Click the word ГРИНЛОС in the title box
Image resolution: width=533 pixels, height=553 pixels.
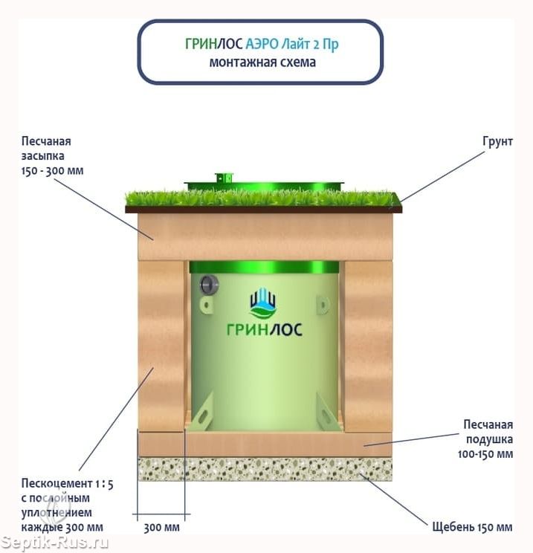point(214,44)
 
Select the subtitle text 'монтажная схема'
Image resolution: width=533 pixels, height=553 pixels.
point(262,62)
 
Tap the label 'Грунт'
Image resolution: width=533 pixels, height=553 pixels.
point(497,141)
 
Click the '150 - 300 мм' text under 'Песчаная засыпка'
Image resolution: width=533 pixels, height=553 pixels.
point(53,171)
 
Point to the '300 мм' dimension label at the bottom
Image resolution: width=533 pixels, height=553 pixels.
point(161,528)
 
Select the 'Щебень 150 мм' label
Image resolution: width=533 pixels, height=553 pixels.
point(472,527)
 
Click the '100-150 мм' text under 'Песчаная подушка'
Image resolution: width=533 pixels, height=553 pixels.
point(485,454)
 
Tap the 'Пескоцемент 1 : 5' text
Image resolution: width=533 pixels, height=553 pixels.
point(68,484)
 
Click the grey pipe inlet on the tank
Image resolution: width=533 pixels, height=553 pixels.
point(209,285)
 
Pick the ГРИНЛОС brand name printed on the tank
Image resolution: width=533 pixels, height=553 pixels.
point(264,330)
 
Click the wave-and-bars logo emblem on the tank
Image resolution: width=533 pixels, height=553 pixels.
point(263,303)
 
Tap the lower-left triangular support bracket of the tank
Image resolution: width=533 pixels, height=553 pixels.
point(201,412)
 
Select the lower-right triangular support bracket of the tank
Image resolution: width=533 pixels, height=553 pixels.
point(327,412)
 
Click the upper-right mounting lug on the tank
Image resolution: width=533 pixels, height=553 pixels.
point(323,305)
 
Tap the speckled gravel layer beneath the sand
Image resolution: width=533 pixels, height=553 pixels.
point(265,469)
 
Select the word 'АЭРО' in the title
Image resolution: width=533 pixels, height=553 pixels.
point(262,44)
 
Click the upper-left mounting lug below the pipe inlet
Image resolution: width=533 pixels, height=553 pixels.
point(207,305)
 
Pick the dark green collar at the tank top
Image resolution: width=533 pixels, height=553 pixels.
point(264,267)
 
